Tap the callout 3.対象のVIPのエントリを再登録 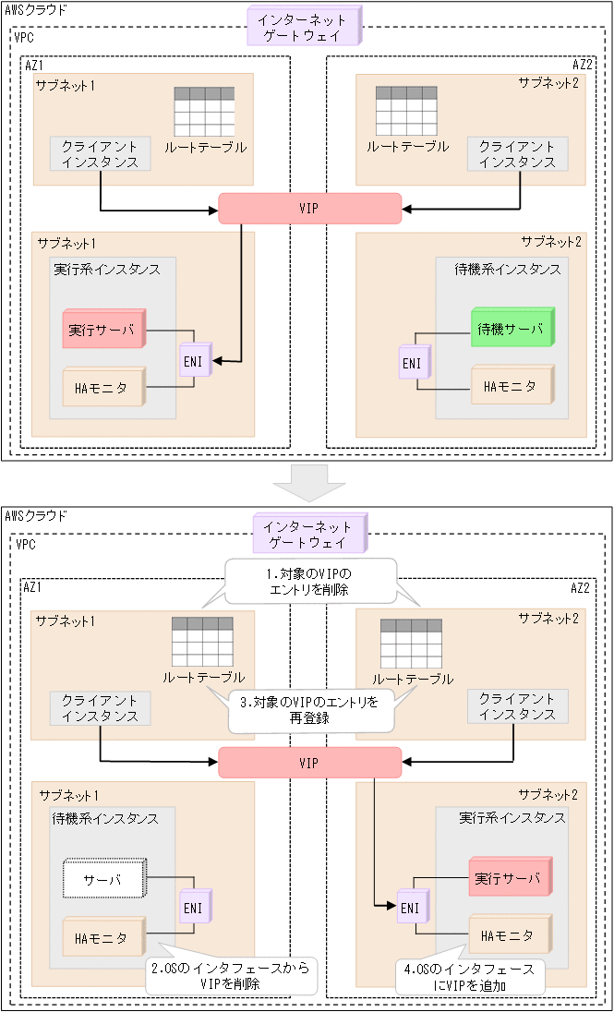(310, 710)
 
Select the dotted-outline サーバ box (104, 879)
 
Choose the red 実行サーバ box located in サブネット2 (510, 876)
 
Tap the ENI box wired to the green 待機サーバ (412, 363)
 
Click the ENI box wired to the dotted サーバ (194, 908)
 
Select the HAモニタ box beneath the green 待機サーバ (512, 386)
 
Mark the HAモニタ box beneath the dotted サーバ (103, 937)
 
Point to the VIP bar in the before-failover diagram (309, 209)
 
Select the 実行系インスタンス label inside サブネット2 (512, 818)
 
